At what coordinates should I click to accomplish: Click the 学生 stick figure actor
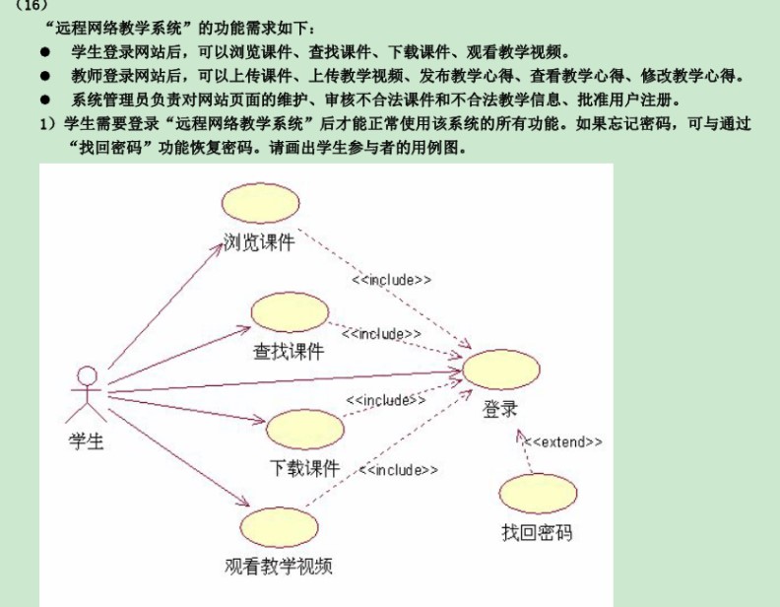point(88,392)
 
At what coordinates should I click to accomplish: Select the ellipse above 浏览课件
point(260,203)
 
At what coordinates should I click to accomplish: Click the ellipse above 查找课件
point(289,312)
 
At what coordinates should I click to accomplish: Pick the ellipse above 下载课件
point(304,431)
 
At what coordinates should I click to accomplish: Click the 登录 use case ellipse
point(500,370)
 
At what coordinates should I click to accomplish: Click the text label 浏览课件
point(258,242)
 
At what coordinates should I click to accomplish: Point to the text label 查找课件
point(289,351)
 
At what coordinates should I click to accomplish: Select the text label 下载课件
point(304,468)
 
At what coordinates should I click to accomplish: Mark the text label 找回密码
point(537,532)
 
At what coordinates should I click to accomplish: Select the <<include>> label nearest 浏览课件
point(391,280)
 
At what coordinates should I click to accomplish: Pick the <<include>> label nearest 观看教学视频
point(398,471)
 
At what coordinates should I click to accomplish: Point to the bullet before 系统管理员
point(45,100)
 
